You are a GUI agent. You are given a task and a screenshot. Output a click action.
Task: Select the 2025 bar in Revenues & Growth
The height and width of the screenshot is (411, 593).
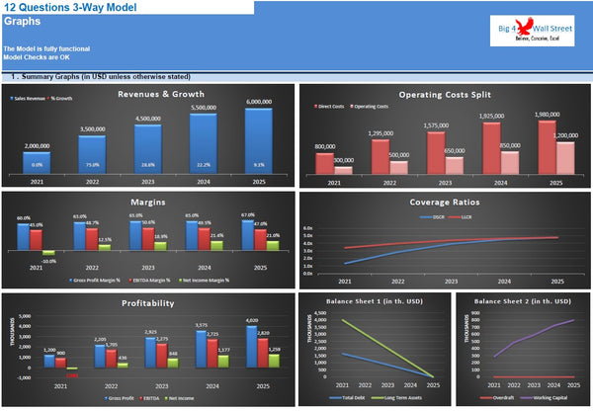point(258,143)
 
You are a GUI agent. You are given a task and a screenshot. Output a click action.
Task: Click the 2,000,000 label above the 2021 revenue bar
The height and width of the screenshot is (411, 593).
point(37,145)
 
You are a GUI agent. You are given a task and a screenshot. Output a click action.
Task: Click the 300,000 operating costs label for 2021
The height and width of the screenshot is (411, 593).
point(344,160)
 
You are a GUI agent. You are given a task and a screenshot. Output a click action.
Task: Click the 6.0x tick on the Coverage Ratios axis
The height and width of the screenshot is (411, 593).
point(307,227)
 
